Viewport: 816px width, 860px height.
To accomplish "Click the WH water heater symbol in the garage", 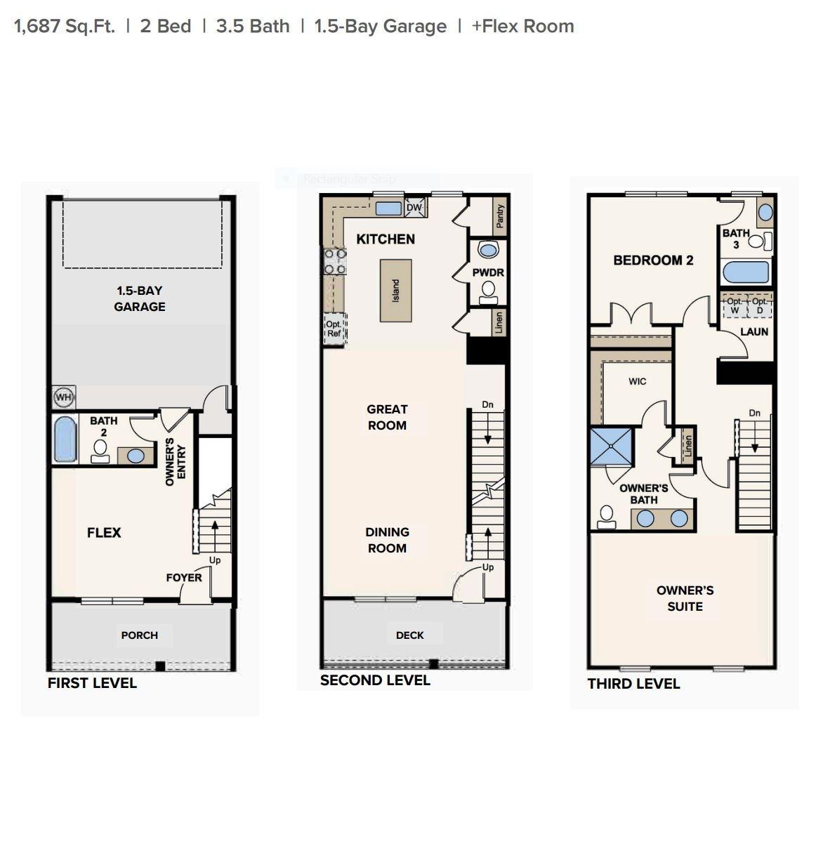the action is click(63, 397).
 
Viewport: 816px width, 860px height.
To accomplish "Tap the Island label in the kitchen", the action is click(395, 291).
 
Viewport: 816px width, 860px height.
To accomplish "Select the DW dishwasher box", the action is click(414, 207).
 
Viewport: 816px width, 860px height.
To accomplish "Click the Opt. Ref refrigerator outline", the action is click(334, 329).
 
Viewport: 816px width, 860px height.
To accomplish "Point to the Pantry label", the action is click(500, 216).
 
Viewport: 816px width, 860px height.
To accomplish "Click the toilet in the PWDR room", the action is click(488, 293).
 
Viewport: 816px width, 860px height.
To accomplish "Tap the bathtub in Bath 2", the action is click(65, 439).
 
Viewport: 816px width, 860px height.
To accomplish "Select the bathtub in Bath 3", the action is click(746, 272).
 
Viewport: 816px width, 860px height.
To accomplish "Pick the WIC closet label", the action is click(637, 381).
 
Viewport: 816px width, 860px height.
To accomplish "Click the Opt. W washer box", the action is click(735, 306).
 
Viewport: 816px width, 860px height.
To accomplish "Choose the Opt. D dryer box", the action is click(760, 306).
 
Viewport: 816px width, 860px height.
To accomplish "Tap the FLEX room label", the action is click(104, 532).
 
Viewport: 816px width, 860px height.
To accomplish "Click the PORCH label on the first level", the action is click(140, 635).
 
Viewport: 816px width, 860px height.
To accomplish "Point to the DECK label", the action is click(410, 635).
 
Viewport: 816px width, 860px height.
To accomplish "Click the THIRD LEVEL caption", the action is click(633, 684).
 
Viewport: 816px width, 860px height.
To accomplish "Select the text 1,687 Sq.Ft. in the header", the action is click(65, 26).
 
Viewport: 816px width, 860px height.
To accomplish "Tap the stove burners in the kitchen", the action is click(335, 262).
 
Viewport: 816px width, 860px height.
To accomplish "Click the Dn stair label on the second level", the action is click(487, 404).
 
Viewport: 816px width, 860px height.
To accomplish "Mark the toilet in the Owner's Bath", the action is click(607, 517).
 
